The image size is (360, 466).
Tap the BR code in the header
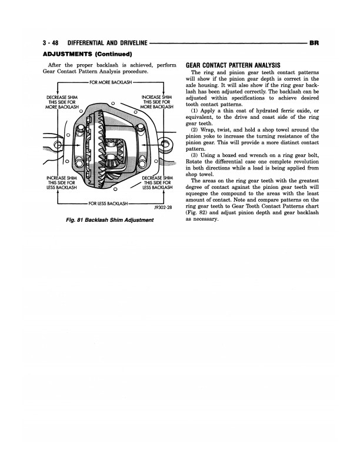coord(313,43)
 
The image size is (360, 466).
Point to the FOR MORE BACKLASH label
coord(111,83)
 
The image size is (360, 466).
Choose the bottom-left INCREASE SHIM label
coord(61,182)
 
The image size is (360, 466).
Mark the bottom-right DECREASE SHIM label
coord(156,182)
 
